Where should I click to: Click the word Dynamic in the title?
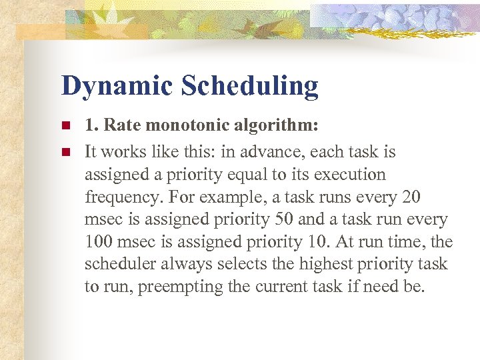pyautogui.click(x=117, y=87)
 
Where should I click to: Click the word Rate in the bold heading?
pyautogui.click(x=121, y=125)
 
